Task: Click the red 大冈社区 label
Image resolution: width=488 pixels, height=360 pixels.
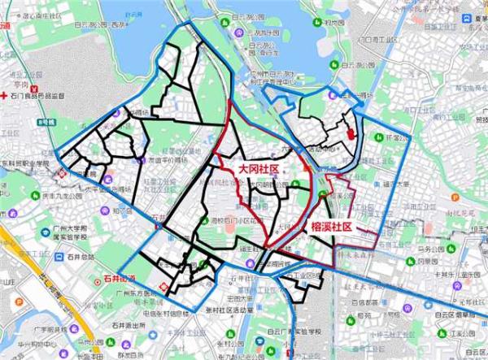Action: coord(258,168)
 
